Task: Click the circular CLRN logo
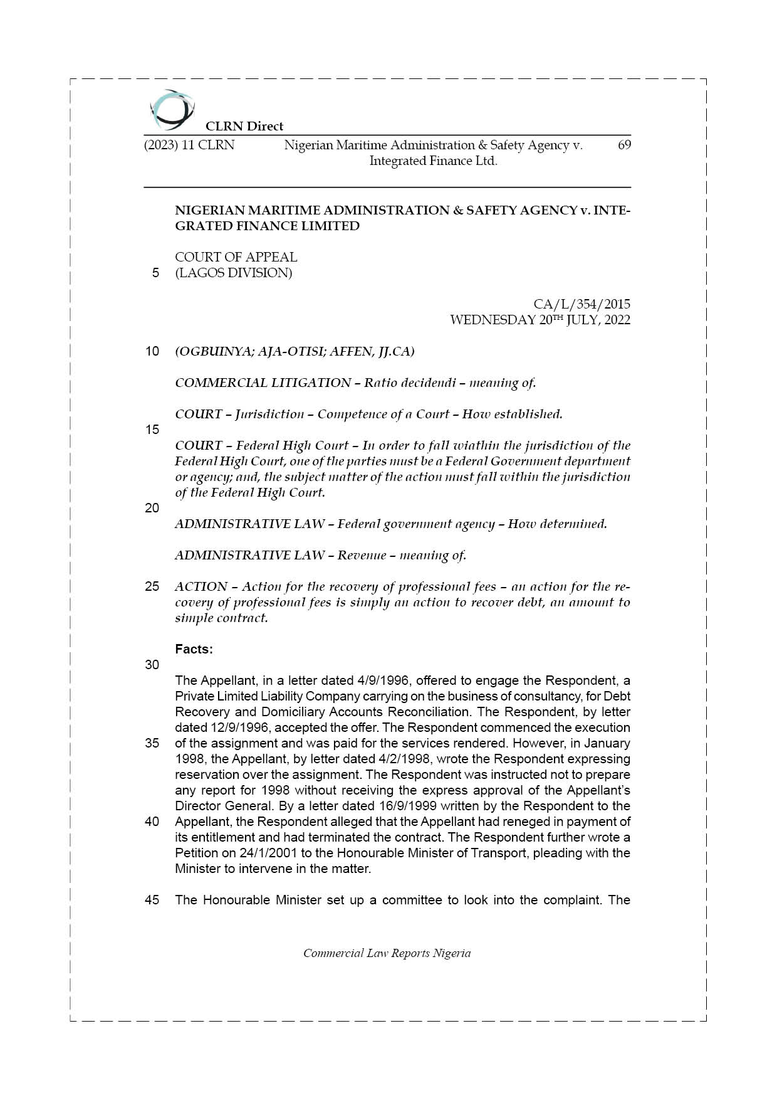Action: click(x=172, y=110)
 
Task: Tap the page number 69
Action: click(x=624, y=145)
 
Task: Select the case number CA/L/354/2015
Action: click(x=581, y=304)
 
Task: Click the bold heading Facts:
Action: click(x=194, y=649)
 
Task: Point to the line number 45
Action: click(x=152, y=900)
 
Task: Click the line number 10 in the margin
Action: click(x=152, y=351)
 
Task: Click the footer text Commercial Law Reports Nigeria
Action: click(x=387, y=953)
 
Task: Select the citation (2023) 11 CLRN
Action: click(x=189, y=145)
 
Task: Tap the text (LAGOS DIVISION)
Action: click(x=233, y=273)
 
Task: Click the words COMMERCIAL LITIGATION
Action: click(x=263, y=383)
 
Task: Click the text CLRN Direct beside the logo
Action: click(x=244, y=126)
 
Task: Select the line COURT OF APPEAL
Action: click(x=236, y=257)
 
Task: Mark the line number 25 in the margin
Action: click(x=152, y=586)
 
